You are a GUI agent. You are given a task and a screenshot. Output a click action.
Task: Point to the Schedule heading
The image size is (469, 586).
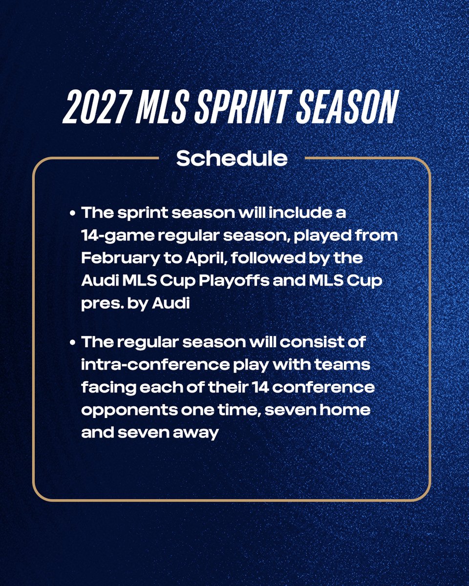point(232,158)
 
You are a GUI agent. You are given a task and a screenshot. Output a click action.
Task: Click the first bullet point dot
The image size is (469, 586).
point(72,214)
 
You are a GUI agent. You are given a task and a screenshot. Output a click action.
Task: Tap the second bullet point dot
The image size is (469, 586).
point(72,342)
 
